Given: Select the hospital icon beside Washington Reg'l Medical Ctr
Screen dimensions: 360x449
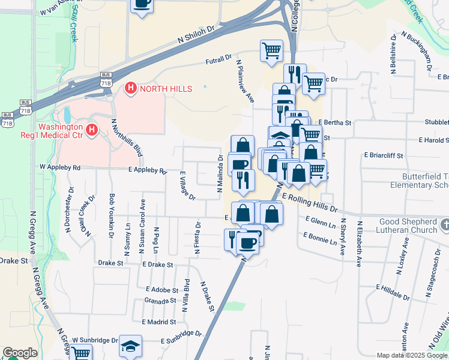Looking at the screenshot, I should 91,130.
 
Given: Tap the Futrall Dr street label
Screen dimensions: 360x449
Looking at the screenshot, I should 218,59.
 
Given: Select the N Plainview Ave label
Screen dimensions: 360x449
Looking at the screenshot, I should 246,81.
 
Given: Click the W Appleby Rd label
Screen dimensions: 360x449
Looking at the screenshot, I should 60,167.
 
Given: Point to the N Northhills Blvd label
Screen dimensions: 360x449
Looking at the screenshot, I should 126,137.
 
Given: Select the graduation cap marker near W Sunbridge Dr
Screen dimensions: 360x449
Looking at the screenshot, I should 130,346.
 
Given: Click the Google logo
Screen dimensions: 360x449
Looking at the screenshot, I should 20,353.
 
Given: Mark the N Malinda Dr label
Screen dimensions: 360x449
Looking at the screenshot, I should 221,173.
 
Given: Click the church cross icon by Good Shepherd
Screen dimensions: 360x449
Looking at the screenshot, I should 444,225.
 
